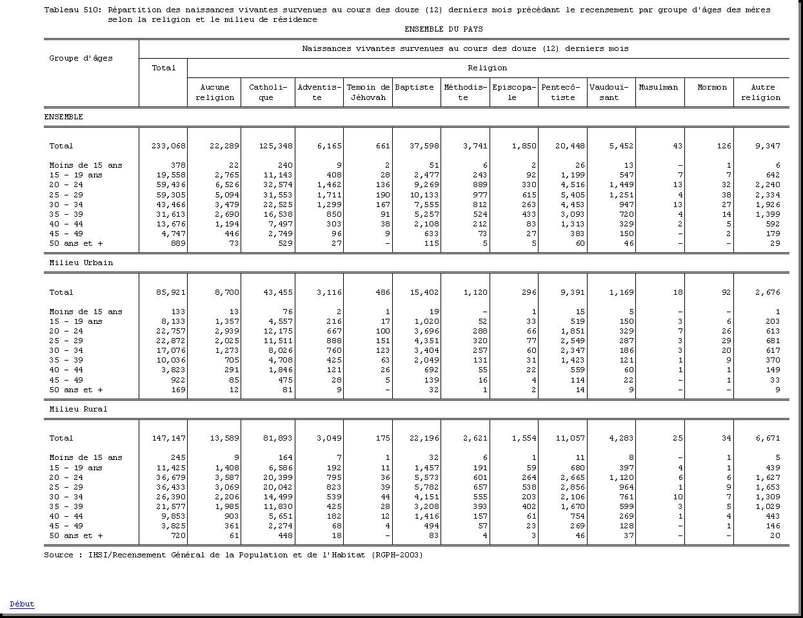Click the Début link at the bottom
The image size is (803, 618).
22,604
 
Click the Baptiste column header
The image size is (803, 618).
414,87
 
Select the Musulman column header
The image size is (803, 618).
658,87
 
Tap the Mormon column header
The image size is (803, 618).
712,87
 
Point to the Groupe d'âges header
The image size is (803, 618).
81,58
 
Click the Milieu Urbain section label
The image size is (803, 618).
81,263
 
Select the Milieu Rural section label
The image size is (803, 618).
78,409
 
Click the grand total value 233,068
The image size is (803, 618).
168,146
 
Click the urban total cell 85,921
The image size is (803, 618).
171,292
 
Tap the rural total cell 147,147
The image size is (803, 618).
168,438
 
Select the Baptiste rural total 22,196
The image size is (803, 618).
424,438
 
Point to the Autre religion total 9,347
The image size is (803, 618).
768,146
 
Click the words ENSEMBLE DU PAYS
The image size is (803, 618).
444,29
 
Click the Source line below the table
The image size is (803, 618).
233,555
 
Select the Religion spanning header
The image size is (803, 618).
487,68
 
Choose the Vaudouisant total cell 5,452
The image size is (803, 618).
620,146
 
